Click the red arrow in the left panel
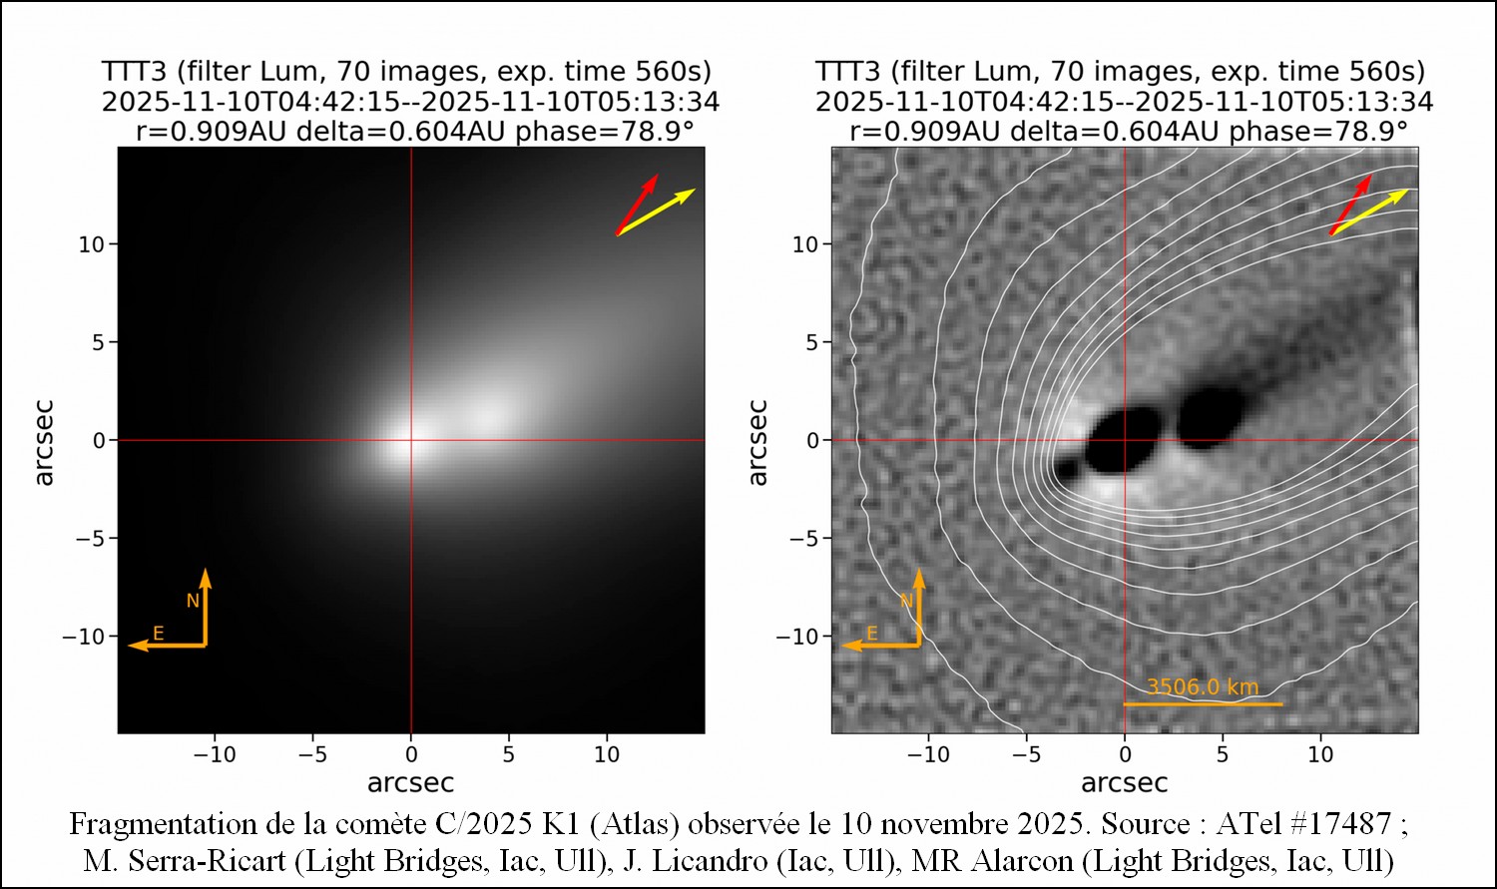[636, 205]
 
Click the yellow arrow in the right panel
[1369, 212]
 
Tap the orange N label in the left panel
[194, 601]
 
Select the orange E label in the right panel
[871, 634]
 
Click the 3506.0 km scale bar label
[1202, 686]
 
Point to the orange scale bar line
[1202, 704]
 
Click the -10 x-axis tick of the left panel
[215, 754]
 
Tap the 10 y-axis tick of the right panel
[804, 244]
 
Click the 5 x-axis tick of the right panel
[1223, 754]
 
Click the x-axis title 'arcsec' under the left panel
[410, 783]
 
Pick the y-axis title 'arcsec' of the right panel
[757, 441]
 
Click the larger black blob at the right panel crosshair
[1121, 441]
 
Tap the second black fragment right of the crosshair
[1211, 415]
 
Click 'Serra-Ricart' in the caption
[211, 859]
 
